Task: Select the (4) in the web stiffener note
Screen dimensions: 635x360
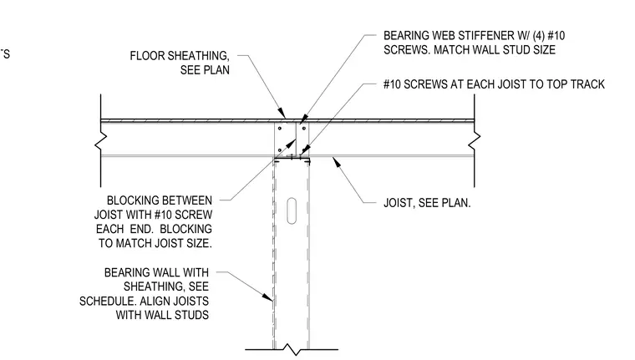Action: [x=538, y=36]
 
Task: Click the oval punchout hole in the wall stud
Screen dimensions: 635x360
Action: [x=291, y=210]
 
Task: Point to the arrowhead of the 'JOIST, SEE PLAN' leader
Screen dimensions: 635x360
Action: [x=336, y=162]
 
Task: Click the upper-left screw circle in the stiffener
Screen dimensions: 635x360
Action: [x=279, y=129]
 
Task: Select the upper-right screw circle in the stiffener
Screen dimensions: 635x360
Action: [x=304, y=129]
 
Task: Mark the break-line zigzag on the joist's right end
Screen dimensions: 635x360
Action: [x=475, y=140]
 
